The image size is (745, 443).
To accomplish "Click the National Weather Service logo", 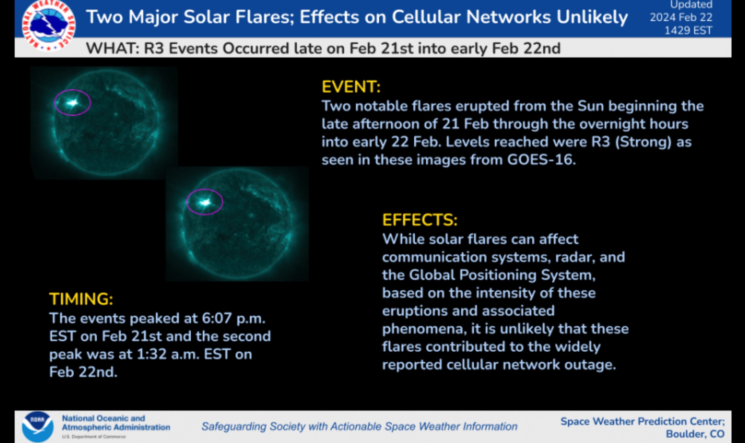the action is coord(49,25).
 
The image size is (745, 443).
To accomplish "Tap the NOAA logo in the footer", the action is coord(38,426).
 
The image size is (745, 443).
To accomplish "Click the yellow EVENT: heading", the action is coord(351,87).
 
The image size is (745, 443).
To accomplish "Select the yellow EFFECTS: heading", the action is coord(420,220).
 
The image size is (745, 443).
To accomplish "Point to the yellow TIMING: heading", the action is coord(81,299).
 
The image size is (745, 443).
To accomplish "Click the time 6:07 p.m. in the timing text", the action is coord(233,318).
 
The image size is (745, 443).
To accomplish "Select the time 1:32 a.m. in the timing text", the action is coord(168,354).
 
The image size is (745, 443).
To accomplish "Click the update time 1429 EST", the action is coord(688,31).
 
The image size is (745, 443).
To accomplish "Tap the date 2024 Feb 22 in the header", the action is coord(681,17).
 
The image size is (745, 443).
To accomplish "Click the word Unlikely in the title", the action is coord(592,17).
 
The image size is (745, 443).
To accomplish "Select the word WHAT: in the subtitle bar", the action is coord(113,49).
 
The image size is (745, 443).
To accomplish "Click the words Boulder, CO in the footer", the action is coord(695,434).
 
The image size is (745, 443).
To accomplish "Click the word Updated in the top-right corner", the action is coord(691,5).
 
